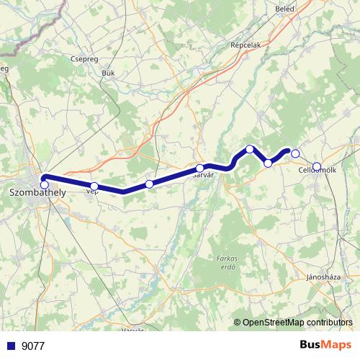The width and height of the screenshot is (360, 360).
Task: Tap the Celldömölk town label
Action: pos(318,170)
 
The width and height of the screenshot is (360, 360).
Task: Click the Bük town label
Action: pos(109,73)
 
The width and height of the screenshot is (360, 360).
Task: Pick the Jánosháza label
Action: pos(323,276)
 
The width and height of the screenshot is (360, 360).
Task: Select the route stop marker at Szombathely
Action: pos(45,184)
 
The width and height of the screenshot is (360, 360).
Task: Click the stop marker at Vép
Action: pos(94,186)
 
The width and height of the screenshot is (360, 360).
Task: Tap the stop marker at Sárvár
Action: pos(199,168)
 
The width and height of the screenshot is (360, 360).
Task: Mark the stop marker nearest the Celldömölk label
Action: pos(317,167)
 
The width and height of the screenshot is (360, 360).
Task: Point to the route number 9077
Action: pos(33,346)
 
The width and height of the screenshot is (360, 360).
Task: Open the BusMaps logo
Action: pos(325,346)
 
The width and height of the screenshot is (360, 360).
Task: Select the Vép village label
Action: pos(92,192)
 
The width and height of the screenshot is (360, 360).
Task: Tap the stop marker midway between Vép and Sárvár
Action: pos(149,184)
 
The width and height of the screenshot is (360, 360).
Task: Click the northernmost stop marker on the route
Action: pos(250,149)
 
